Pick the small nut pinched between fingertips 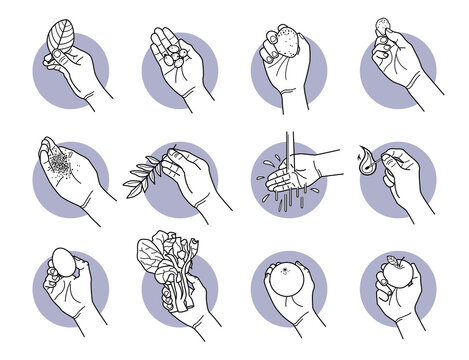coord(382,26)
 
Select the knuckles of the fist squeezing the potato coord(273,40)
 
